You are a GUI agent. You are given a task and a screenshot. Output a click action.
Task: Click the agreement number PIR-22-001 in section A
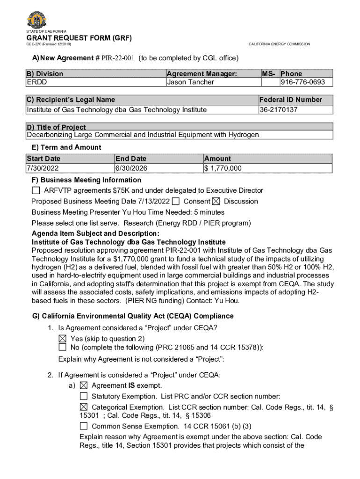click(118, 58)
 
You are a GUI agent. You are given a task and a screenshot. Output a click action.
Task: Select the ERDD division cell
click(36, 82)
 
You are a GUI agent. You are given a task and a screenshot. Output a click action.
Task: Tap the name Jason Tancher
click(190, 82)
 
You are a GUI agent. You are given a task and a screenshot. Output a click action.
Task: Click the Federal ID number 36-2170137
click(279, 109)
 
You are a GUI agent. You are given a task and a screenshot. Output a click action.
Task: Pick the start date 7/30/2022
click(43, 168)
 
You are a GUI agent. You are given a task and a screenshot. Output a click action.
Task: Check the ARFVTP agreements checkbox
click(36, 190)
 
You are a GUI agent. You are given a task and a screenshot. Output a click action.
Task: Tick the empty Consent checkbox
click(176, 202)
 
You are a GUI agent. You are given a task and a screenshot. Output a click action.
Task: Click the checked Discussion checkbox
click(216, 202)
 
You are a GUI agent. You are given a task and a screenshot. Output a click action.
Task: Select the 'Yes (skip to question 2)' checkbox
click(62, 338)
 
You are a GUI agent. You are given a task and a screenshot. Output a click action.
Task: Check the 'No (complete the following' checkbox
click(62, 347)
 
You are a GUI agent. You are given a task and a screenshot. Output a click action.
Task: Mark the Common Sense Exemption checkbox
click(84, 426)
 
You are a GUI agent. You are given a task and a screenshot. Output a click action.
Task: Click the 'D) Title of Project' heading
click(57, 127)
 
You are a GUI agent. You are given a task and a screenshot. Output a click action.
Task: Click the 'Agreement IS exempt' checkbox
click(84, 386)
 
